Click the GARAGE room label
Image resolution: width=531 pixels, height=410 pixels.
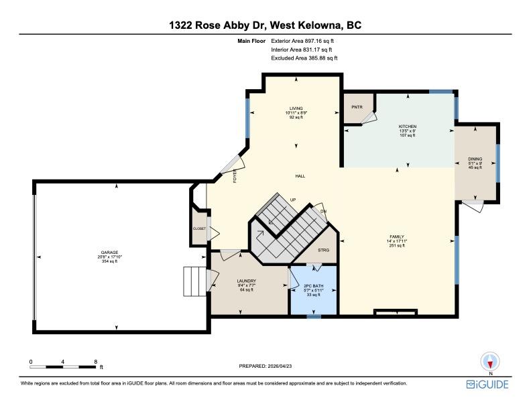click(x=109, y=253)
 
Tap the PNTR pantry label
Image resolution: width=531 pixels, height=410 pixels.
click(x=357, y=107)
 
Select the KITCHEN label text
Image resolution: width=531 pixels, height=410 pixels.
click(x=408, y=127)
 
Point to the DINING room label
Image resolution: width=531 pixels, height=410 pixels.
click(x=475, y=159)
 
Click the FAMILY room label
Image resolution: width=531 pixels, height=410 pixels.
click(x=396, y=236)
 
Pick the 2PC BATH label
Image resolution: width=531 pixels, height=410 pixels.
click(x=314, y=286)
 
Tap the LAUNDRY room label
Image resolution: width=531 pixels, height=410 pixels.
click(x=247, y=281)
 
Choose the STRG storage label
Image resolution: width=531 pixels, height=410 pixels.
click(x=323, y=251)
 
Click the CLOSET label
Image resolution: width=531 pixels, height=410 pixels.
click(x=200, y=228)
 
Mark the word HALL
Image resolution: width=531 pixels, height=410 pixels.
click(x=300, y=176)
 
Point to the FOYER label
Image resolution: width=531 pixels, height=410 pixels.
click(x=235, y=176)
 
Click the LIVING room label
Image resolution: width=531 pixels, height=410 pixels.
click(x=296, y=109)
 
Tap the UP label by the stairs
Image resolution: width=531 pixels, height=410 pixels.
click(x=293, y=200)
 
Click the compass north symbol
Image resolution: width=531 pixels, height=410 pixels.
click(x=490, y=362)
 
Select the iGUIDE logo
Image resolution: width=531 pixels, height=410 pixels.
click(x=487, y=385)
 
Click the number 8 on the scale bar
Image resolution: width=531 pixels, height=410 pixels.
click(x=96, y=362)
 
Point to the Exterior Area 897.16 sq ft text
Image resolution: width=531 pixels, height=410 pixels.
click(x=302, y=41)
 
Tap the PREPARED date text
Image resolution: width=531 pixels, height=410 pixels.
click(x=265, y=366)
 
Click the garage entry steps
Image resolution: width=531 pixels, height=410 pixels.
click(x=194, y=281)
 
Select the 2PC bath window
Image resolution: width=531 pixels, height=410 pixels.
click(x=314, y=317)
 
